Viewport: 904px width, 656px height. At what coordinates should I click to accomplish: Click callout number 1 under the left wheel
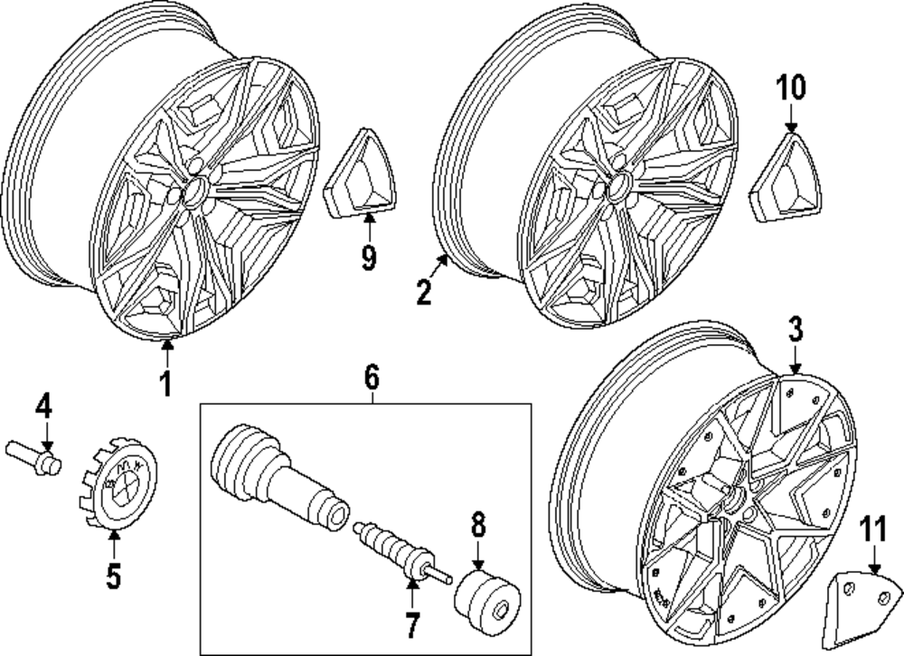tap(165, 383)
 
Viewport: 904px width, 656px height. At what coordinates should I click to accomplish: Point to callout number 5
tap(113, 576)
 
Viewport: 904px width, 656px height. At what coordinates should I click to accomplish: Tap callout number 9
tap(368, 258)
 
